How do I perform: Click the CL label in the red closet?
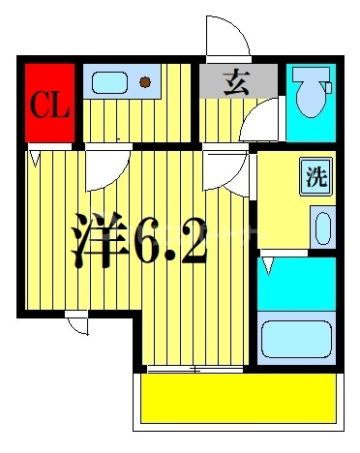click(x=47, y=104)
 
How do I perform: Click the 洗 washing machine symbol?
click(x=316, y=176)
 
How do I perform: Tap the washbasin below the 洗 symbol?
click(x=323, y=228)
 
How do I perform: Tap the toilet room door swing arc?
click(x=260, y=125)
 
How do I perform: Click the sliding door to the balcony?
click(x=195, y=369)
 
